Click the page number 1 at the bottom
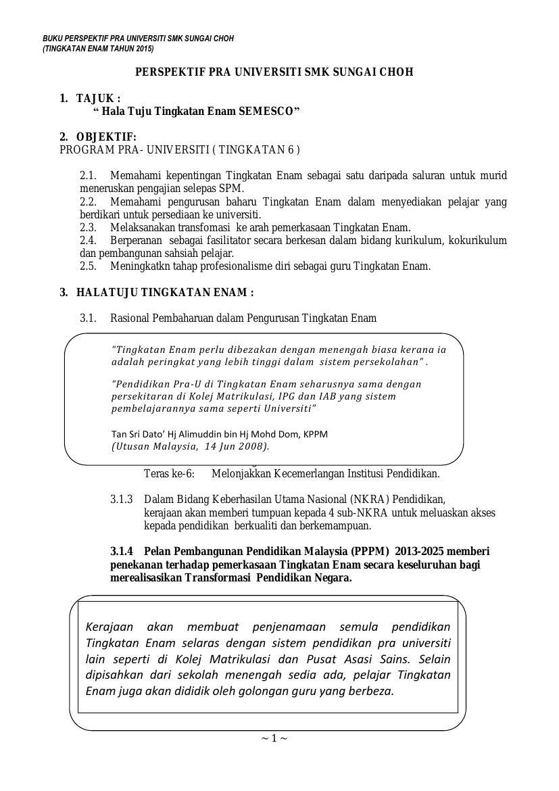coord(274,738)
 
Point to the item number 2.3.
coord(88,228)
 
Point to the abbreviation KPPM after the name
coord(315,434)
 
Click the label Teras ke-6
coord(169,475)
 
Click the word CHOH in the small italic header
coord(222,39)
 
